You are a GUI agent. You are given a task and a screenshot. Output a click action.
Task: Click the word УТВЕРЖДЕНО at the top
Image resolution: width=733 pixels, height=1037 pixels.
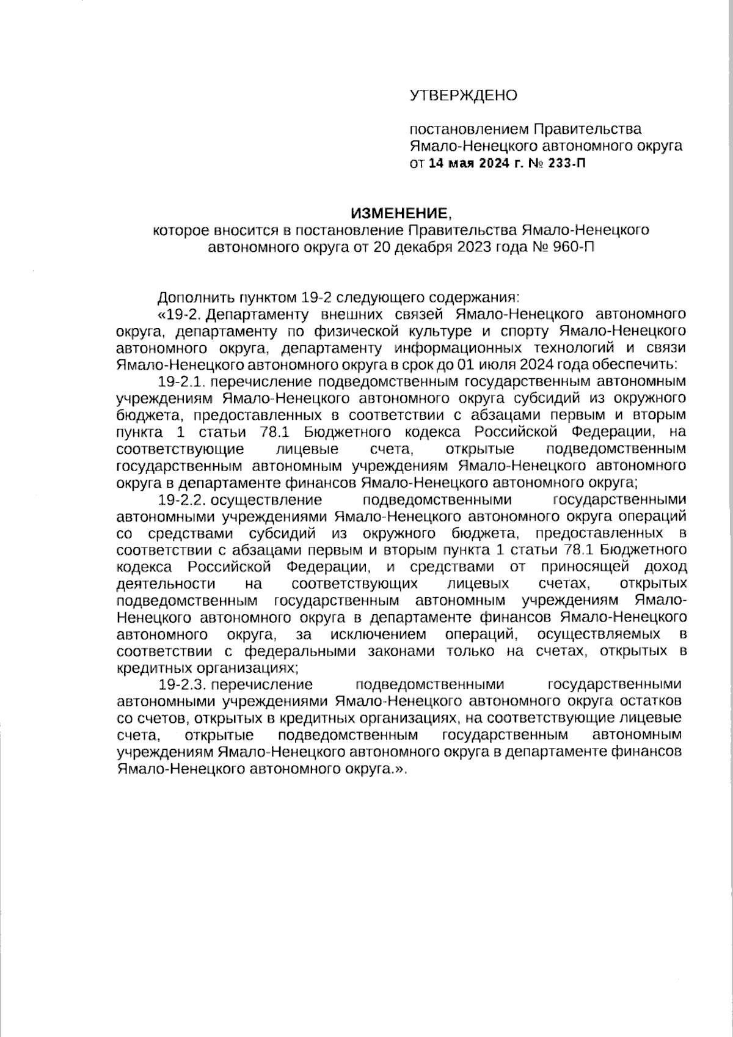click(463, 95)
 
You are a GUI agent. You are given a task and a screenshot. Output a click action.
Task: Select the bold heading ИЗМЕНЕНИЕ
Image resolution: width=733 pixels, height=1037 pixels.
click(399, 213)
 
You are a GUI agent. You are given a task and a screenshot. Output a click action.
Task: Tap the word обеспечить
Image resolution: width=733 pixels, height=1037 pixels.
click(638, 365)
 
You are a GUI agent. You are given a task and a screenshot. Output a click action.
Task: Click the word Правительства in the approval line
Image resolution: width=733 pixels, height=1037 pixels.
click(588, 130)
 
